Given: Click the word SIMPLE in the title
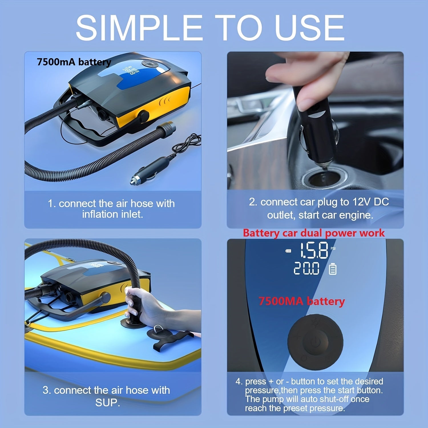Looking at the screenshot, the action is (139, 28).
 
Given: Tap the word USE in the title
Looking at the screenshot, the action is (309, 28).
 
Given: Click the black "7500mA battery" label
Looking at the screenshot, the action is (74, 62).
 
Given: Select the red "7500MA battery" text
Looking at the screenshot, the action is (302, 302).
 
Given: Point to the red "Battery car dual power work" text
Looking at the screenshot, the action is (314, 233).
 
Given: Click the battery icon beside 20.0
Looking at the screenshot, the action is (333, 269).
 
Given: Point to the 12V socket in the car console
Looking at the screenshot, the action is (324, 178).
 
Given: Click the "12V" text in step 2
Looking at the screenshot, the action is (362, 202).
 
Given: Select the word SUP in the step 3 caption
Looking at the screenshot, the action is (108, 403).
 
